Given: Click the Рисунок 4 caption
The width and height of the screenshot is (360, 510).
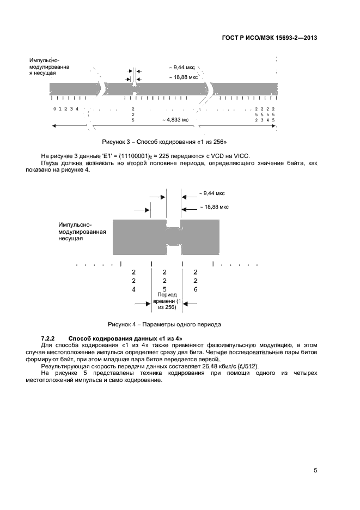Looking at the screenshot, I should pos(164,324).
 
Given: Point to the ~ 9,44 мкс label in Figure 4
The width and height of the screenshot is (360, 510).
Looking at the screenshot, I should pos(211,193).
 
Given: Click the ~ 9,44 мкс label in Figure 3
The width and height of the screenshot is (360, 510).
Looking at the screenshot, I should pos(182,67).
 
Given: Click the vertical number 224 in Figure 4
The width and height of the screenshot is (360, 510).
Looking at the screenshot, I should pos(134,280).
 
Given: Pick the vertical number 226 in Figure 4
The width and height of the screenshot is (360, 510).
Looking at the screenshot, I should pos(196,280).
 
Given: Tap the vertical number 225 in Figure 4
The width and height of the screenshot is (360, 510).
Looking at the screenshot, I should pos(165,280).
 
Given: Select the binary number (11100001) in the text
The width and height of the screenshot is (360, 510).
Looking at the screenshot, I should pos(133,156).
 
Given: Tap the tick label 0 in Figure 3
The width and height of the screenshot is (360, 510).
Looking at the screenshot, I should pos(54,109).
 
